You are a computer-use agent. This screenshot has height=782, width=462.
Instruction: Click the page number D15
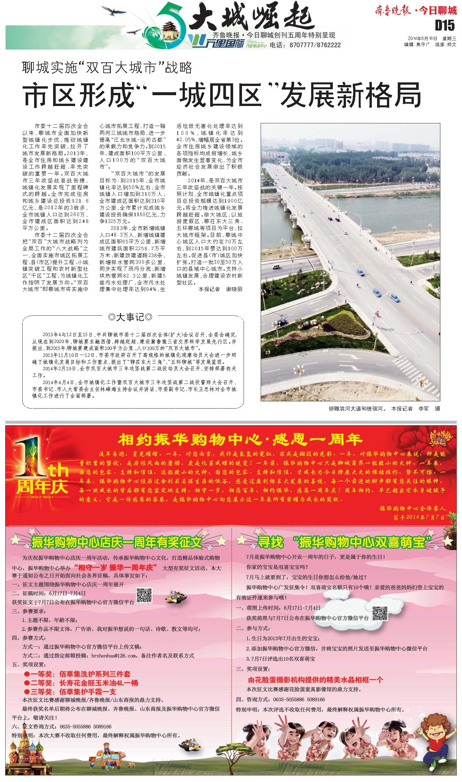[x=445, y=26]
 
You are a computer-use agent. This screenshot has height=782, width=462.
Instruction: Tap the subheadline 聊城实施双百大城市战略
[x=107, y=68]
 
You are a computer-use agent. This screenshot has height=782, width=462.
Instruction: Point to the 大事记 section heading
[x=130, y=317]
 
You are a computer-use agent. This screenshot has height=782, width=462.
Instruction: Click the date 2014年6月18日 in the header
[x=423, y=38]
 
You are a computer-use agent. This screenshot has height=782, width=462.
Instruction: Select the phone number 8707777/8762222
[x=315, y=45]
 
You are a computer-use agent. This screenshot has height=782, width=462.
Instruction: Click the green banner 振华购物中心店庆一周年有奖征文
[x=116, y=542]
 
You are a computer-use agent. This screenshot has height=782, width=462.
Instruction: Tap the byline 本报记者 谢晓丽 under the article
[x=220, y=289]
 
